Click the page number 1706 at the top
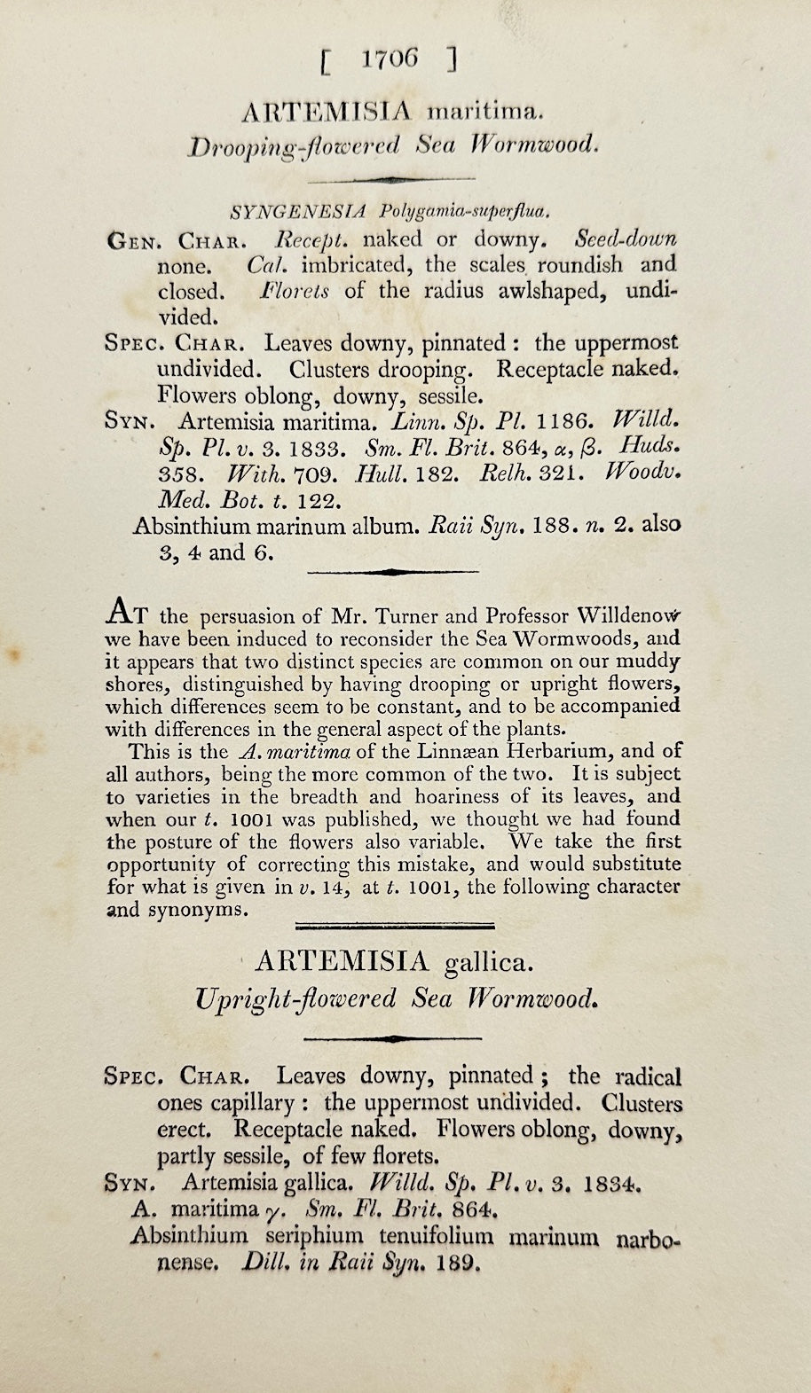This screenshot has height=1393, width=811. tap(390, 59)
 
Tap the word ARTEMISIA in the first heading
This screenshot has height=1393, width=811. tap(327, 111)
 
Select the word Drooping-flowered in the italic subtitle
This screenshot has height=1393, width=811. tap(294, 146)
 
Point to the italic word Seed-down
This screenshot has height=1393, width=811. tap(626, 239)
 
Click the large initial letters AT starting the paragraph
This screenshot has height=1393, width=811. tap(127, 612)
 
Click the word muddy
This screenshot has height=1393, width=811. tap(650, 661)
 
